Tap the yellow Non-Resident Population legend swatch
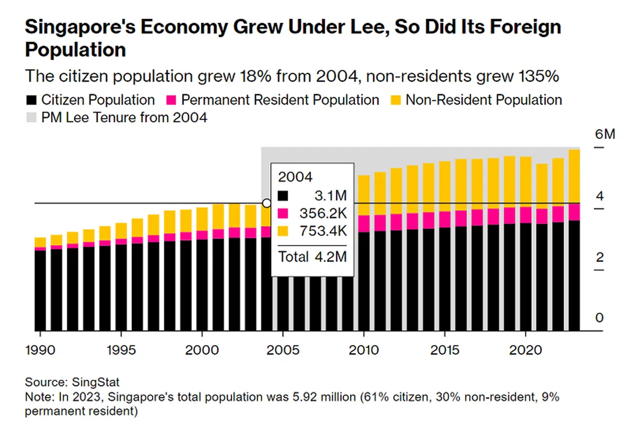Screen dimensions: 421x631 395,100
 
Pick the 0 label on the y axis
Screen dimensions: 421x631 599,318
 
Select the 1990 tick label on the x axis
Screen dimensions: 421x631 40,350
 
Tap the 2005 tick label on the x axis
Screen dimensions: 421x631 283,350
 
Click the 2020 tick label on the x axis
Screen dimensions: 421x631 526,350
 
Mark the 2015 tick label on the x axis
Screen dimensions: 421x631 445,350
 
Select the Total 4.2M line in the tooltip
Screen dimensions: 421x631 312,257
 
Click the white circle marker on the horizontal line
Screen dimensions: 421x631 267,203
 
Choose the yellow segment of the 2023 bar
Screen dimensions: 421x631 574,176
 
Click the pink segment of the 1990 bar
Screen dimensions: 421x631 40,249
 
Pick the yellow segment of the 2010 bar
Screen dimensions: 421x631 364,195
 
